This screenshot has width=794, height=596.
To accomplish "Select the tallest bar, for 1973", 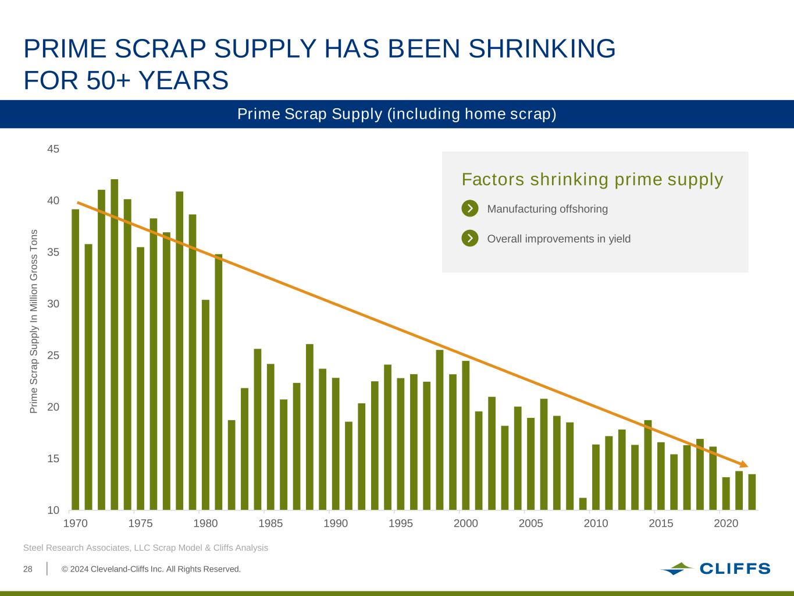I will point(114,344).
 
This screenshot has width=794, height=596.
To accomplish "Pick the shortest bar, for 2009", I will point(583,504).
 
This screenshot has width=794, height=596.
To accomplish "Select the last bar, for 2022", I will point(752,492).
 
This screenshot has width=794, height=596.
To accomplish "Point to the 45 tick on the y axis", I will point(54,150).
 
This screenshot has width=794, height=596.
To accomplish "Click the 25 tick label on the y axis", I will point(54,356).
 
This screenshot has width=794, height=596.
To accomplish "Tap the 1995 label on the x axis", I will point(400,523).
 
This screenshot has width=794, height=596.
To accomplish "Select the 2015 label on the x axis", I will point(661,523).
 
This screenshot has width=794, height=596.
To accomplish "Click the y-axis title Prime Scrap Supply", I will point(34,321).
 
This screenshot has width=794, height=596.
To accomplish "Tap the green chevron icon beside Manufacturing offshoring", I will point(470,208).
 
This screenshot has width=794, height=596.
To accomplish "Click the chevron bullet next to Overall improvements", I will point(470,238).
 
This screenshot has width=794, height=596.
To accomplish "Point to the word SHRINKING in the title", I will point(542,49).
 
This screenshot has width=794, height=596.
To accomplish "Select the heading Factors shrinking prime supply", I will point(592,179).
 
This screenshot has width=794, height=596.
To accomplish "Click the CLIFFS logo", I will point(715,569).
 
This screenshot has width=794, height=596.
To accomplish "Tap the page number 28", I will point(28,569).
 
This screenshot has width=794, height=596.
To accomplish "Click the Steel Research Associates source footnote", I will point(145,548).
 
